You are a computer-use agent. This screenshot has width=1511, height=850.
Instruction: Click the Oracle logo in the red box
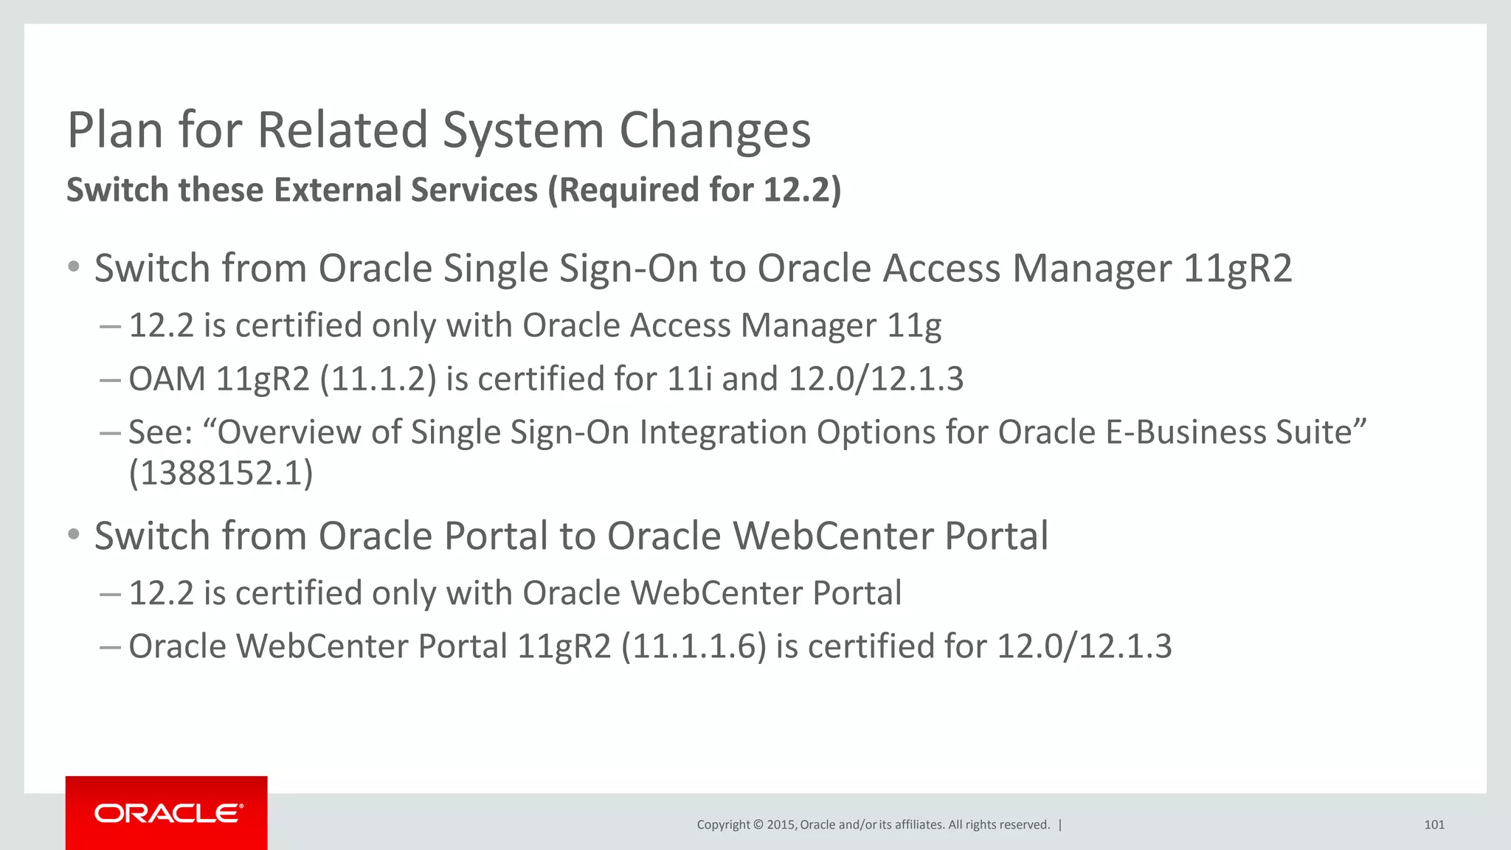coord(167,813)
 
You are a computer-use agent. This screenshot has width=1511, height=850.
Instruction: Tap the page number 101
coord(1434,825)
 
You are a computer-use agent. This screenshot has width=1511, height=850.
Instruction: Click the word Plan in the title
coord(115,131)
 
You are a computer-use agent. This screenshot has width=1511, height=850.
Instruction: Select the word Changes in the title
coord(715,131)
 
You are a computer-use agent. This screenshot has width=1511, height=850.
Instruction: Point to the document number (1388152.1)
coord(221,473)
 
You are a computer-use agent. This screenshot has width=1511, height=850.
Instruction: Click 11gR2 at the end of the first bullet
coord(1237,268)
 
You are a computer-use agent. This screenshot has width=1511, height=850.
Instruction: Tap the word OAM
coord(167,379)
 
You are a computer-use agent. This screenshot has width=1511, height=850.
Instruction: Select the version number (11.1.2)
coord(378,379)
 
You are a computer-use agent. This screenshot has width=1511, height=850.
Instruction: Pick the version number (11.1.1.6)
coord(694,646)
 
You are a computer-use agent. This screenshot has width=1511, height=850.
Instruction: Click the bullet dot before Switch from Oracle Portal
coord(73,534)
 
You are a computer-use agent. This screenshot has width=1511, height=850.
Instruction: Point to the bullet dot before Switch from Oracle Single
coord(73,266)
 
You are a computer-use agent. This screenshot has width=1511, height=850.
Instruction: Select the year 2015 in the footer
coord(781,825)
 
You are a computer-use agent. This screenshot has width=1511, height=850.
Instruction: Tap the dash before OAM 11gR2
coord(109,379)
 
